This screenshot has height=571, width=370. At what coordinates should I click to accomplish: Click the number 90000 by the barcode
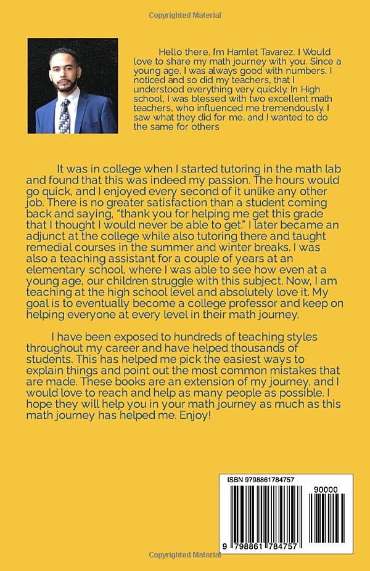point(325,488)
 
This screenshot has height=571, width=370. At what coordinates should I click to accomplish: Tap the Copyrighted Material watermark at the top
point(184,15)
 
